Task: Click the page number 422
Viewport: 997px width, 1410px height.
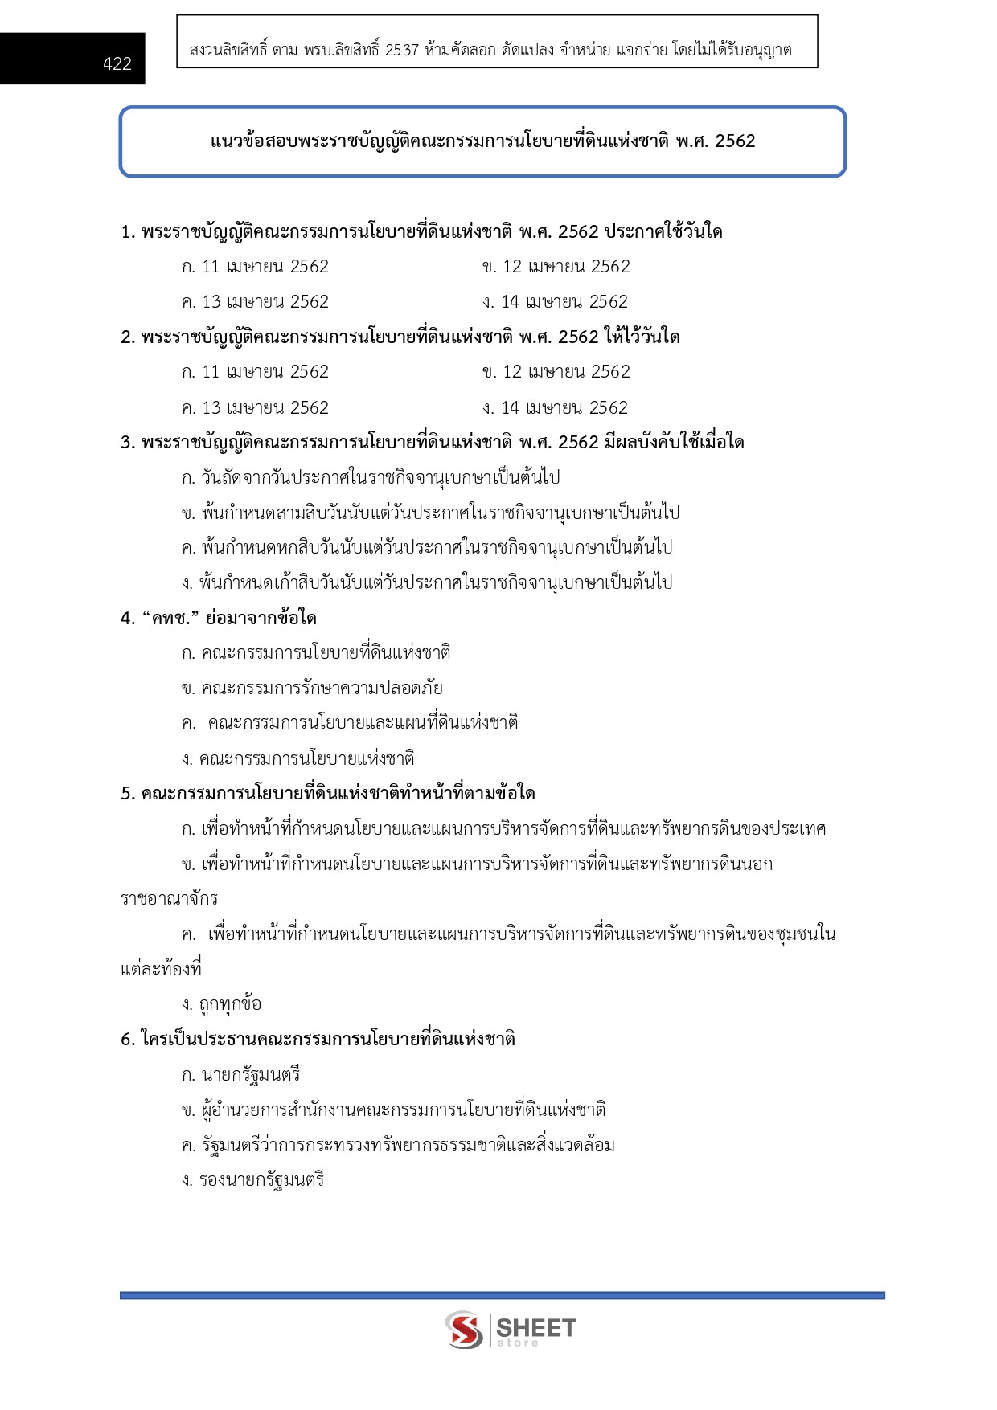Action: pos(117,64)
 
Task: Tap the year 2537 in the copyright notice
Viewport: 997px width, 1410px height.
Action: pos(402,50)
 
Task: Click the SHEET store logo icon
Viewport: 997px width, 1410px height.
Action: pos(464,1330)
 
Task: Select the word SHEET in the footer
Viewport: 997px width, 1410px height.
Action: pos(536,1326)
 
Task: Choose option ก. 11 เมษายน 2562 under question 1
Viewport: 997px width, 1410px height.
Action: pos(255,267)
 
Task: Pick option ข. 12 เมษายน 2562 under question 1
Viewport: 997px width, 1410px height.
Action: pos(556,267)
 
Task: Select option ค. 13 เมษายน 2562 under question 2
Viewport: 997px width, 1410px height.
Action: pos(255,408)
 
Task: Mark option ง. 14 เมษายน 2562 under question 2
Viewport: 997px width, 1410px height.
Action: pos(555,408)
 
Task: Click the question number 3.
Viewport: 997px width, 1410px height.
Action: pos(127,443)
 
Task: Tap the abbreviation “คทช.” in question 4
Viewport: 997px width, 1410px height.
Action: pos(170,619)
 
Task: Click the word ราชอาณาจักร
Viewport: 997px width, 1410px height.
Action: pos(169,899)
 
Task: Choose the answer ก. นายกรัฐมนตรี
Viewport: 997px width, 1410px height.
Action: pos(241,1075)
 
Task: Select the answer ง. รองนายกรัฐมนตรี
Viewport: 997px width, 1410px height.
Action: pos(253,1180)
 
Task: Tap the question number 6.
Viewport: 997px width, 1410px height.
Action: pos(127,1040)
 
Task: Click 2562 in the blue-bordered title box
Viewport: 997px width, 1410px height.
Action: pos(735,141)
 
